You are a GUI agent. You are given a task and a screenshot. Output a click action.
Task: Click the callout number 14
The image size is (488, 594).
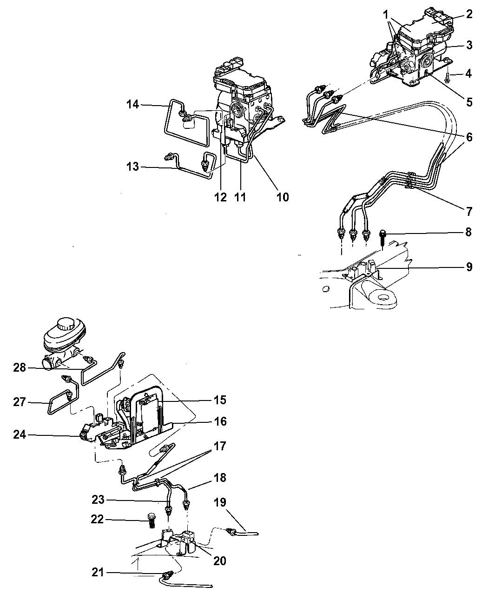[132, 105]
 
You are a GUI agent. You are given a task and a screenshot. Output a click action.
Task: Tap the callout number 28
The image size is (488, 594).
[20, 367]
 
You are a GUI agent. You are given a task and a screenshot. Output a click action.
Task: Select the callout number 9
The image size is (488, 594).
[469, 267]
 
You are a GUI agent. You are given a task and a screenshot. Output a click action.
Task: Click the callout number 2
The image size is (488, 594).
[469, 14]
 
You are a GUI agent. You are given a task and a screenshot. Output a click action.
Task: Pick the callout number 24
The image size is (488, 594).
[20, 434]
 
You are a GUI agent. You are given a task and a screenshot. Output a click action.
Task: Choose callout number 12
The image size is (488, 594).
[220, 197]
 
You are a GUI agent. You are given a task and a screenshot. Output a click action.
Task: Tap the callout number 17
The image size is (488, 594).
[220, 446]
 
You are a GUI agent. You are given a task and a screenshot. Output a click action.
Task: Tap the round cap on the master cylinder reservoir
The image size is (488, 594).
[66, 325]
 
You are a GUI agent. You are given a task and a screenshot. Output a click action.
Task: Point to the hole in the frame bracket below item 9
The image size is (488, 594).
[383, 297]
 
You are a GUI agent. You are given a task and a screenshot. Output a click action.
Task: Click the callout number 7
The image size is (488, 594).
[469, 211]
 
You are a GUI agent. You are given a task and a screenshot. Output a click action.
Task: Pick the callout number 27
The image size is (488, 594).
[20, 402]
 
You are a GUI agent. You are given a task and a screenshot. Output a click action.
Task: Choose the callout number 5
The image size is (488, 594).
[469, 102]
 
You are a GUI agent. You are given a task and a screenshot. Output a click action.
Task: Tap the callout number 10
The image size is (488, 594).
[283, 197]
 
